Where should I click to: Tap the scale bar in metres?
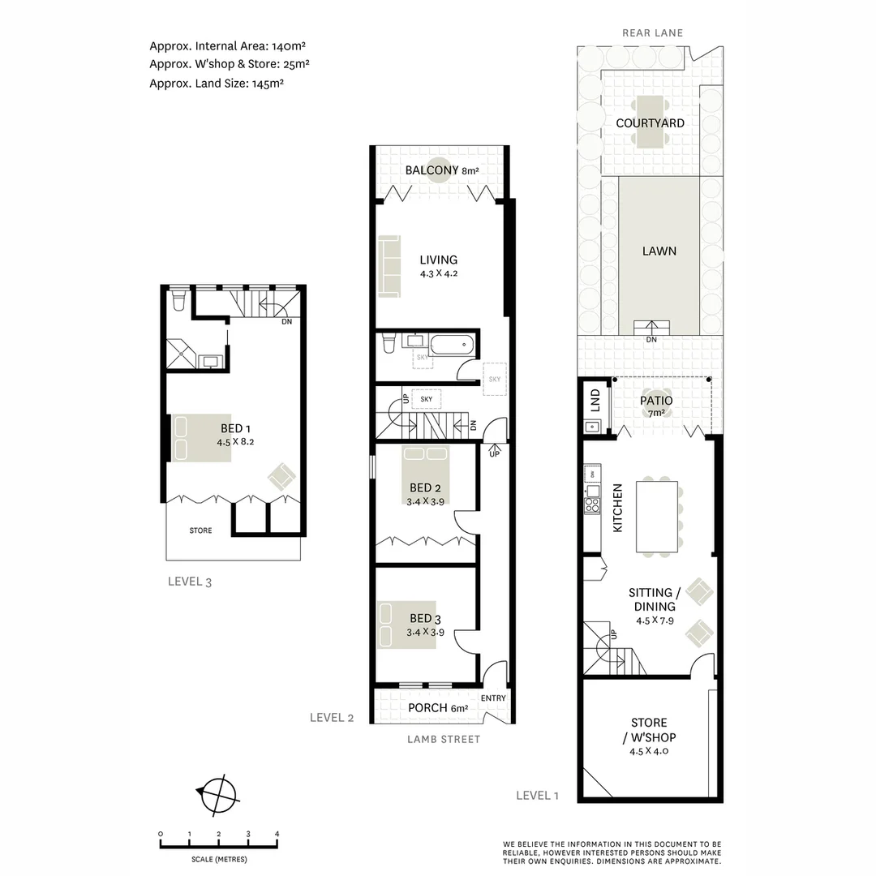[219, 844]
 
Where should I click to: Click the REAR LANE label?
[652, 33]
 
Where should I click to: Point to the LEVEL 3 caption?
[189, 581]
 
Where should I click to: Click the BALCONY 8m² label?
[442, 170]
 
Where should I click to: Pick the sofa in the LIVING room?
[388, 266]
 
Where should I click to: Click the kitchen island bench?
[657, 516]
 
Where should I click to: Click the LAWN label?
[659, 251]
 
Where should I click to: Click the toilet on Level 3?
[179, 301]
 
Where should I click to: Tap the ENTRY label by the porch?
[493, 698]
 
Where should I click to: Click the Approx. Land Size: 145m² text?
[216, 83]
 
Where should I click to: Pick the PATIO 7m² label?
[655, 406]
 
